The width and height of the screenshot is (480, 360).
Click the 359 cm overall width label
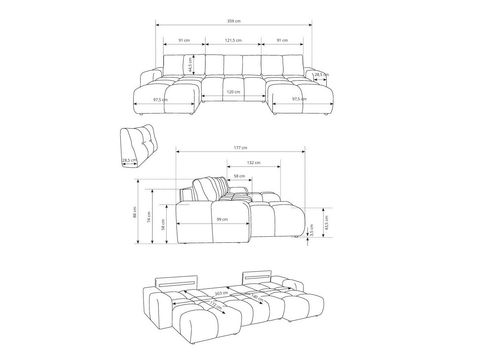click(x=234, y=21)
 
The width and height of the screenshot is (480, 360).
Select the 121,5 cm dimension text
click(x=233, y=41)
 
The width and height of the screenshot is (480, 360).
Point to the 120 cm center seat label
click(x=233, y=92)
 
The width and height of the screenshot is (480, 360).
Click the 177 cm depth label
click(x=241, y=148)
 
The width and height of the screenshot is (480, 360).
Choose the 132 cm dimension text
click(x=254, y=162)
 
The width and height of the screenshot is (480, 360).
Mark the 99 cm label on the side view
click(x=222, y=220)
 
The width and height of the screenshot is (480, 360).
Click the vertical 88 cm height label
click(x=135, y=212)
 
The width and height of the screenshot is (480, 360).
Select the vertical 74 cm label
click(x=149, y=217)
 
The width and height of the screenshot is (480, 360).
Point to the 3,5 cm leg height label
click(x=312, y=230)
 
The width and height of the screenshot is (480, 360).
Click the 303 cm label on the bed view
click(x=221, y=293)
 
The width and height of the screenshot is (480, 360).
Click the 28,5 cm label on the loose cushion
click(x=129, y=160)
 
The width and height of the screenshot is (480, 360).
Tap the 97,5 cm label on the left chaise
click(x=160, y=100)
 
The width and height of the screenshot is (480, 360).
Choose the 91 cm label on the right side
click(x=282, y=41)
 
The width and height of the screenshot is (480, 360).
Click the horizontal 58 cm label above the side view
click(x=239, y=176)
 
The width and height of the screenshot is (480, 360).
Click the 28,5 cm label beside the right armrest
click(x=321, y=74)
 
